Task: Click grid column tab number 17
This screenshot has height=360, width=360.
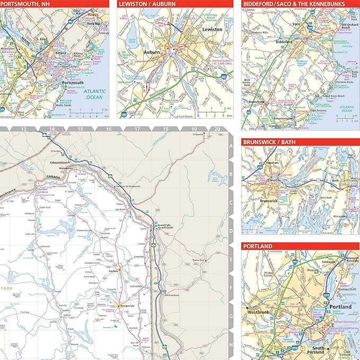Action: tap(137, 129)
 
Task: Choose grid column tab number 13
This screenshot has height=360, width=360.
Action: tap(23, 129)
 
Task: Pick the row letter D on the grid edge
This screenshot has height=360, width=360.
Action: tap(231, 231)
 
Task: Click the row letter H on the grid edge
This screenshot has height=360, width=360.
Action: tap(231, 345)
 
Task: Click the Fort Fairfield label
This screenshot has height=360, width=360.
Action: tap(137, 287)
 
